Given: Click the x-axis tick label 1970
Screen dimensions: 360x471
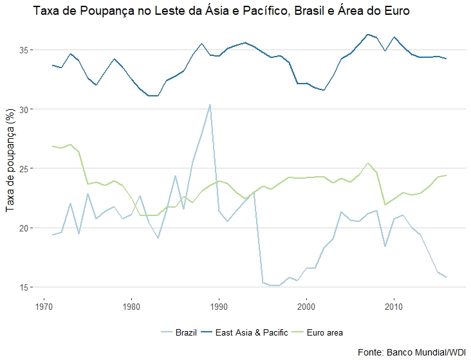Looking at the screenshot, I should click(44, 307).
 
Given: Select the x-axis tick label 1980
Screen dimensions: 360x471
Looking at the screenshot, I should click(131, 307).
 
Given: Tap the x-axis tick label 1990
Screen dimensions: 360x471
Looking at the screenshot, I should click(219, 307).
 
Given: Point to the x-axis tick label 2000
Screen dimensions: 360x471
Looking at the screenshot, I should click(306, 307).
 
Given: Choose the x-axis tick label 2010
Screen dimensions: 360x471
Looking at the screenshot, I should click(394, 307).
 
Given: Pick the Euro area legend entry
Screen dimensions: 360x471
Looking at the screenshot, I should click(325, 332).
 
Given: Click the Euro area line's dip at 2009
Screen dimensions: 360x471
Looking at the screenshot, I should click(385, 204).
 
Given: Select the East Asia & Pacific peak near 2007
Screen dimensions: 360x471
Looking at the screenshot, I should click(367, 35).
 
